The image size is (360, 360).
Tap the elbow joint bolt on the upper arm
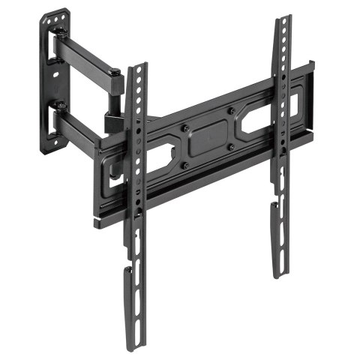(114, 73)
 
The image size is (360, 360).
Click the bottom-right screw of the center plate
(232, 147)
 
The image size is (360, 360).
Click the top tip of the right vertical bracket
(283, 18)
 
